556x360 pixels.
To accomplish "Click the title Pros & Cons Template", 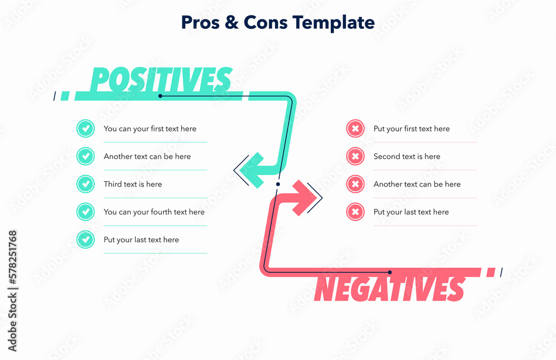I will coord(277,22).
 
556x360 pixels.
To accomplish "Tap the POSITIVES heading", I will coord(161,80).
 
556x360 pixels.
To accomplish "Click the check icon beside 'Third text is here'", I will coord(85,184).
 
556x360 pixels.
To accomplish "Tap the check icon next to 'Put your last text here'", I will coord(85,239).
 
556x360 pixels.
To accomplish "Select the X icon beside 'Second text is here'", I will coord(355,156).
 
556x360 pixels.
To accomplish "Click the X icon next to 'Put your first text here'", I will coord(355,128).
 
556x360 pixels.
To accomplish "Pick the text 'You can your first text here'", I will coord(150,129).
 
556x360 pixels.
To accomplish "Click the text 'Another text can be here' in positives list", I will coord(147,157).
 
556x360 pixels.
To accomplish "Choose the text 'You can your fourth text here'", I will coord(154,212).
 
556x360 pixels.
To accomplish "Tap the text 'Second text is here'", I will coord(406,157).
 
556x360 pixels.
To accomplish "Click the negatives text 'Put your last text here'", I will coord(411,212).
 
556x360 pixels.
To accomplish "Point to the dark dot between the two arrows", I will coord(278,183).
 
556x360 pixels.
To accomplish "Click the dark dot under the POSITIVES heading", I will coord(160,96).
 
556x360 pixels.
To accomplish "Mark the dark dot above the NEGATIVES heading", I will coord(390,272).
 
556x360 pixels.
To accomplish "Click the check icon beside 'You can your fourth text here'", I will coord(85,212).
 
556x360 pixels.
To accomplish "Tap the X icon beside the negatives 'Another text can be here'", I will coord(355,184).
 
